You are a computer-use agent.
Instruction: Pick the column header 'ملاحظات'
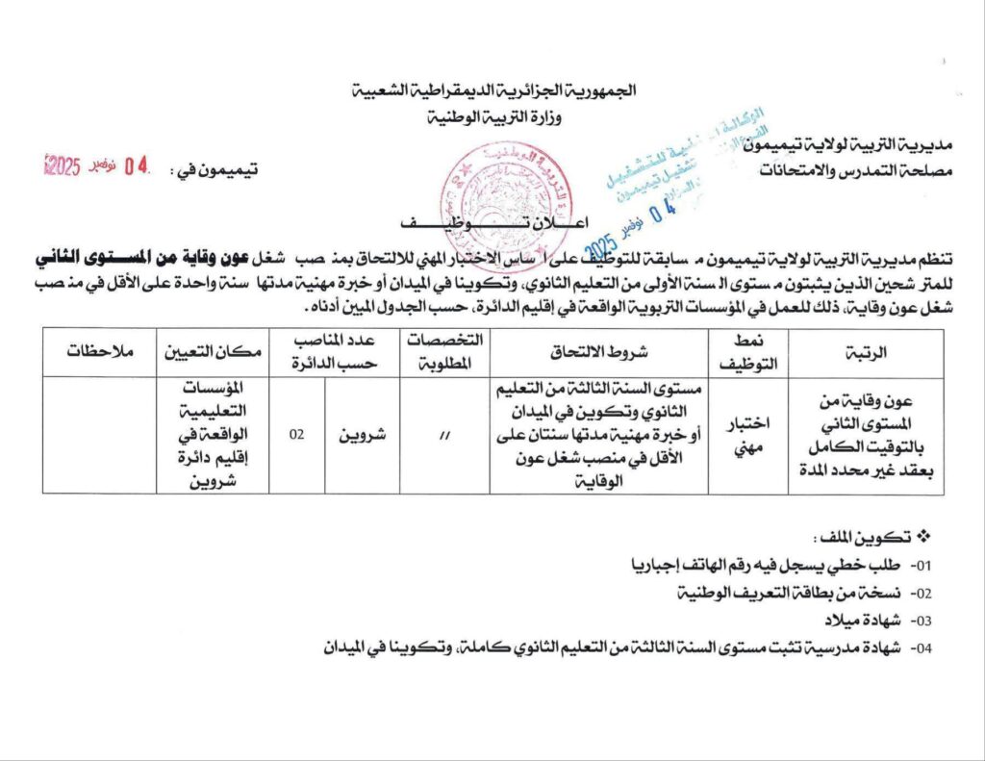(x=99, y=352)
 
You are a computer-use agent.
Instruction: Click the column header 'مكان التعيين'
(x=213, y=352)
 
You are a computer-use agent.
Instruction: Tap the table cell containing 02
(x=297, y=435)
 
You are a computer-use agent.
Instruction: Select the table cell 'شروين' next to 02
(x=362, y=435)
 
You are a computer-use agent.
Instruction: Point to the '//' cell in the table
(x=444, y=436)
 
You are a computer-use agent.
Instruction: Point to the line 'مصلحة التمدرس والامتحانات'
(x=846, y=170)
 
